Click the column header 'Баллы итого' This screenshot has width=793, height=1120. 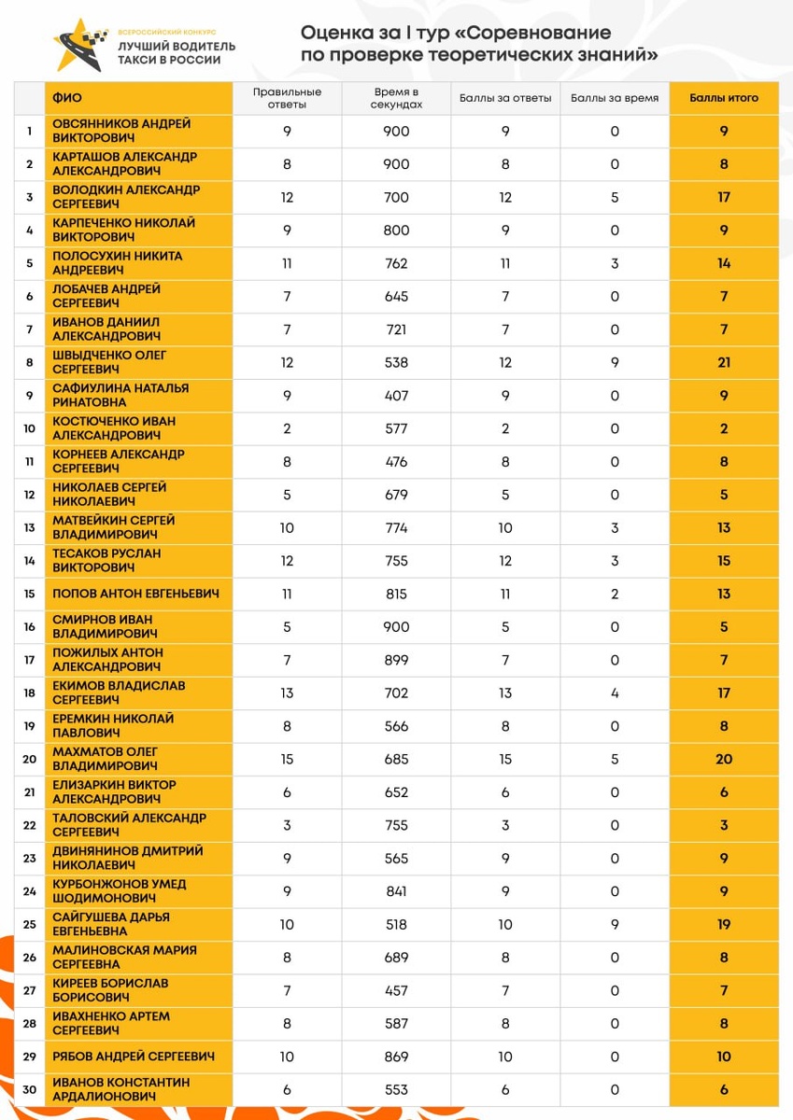point(724,98)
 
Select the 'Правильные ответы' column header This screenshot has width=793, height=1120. point(287,98)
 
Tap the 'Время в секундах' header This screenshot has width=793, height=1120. point(396,98)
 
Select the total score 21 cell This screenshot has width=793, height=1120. point(724,362)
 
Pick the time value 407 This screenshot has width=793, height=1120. point(396,396)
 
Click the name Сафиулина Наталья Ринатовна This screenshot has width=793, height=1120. point(120,396)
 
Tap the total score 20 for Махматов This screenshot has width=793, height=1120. point(724,759)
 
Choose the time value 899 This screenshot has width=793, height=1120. point(396,660)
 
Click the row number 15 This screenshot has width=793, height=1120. point(29,594)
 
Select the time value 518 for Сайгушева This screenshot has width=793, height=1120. point(396,924)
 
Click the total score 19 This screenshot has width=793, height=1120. point(724,924)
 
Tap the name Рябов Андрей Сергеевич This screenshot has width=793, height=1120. point(134,1057)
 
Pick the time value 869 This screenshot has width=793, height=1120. point(396,1057)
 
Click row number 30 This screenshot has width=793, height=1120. point(29,1089)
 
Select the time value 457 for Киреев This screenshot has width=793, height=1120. point(396,990)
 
